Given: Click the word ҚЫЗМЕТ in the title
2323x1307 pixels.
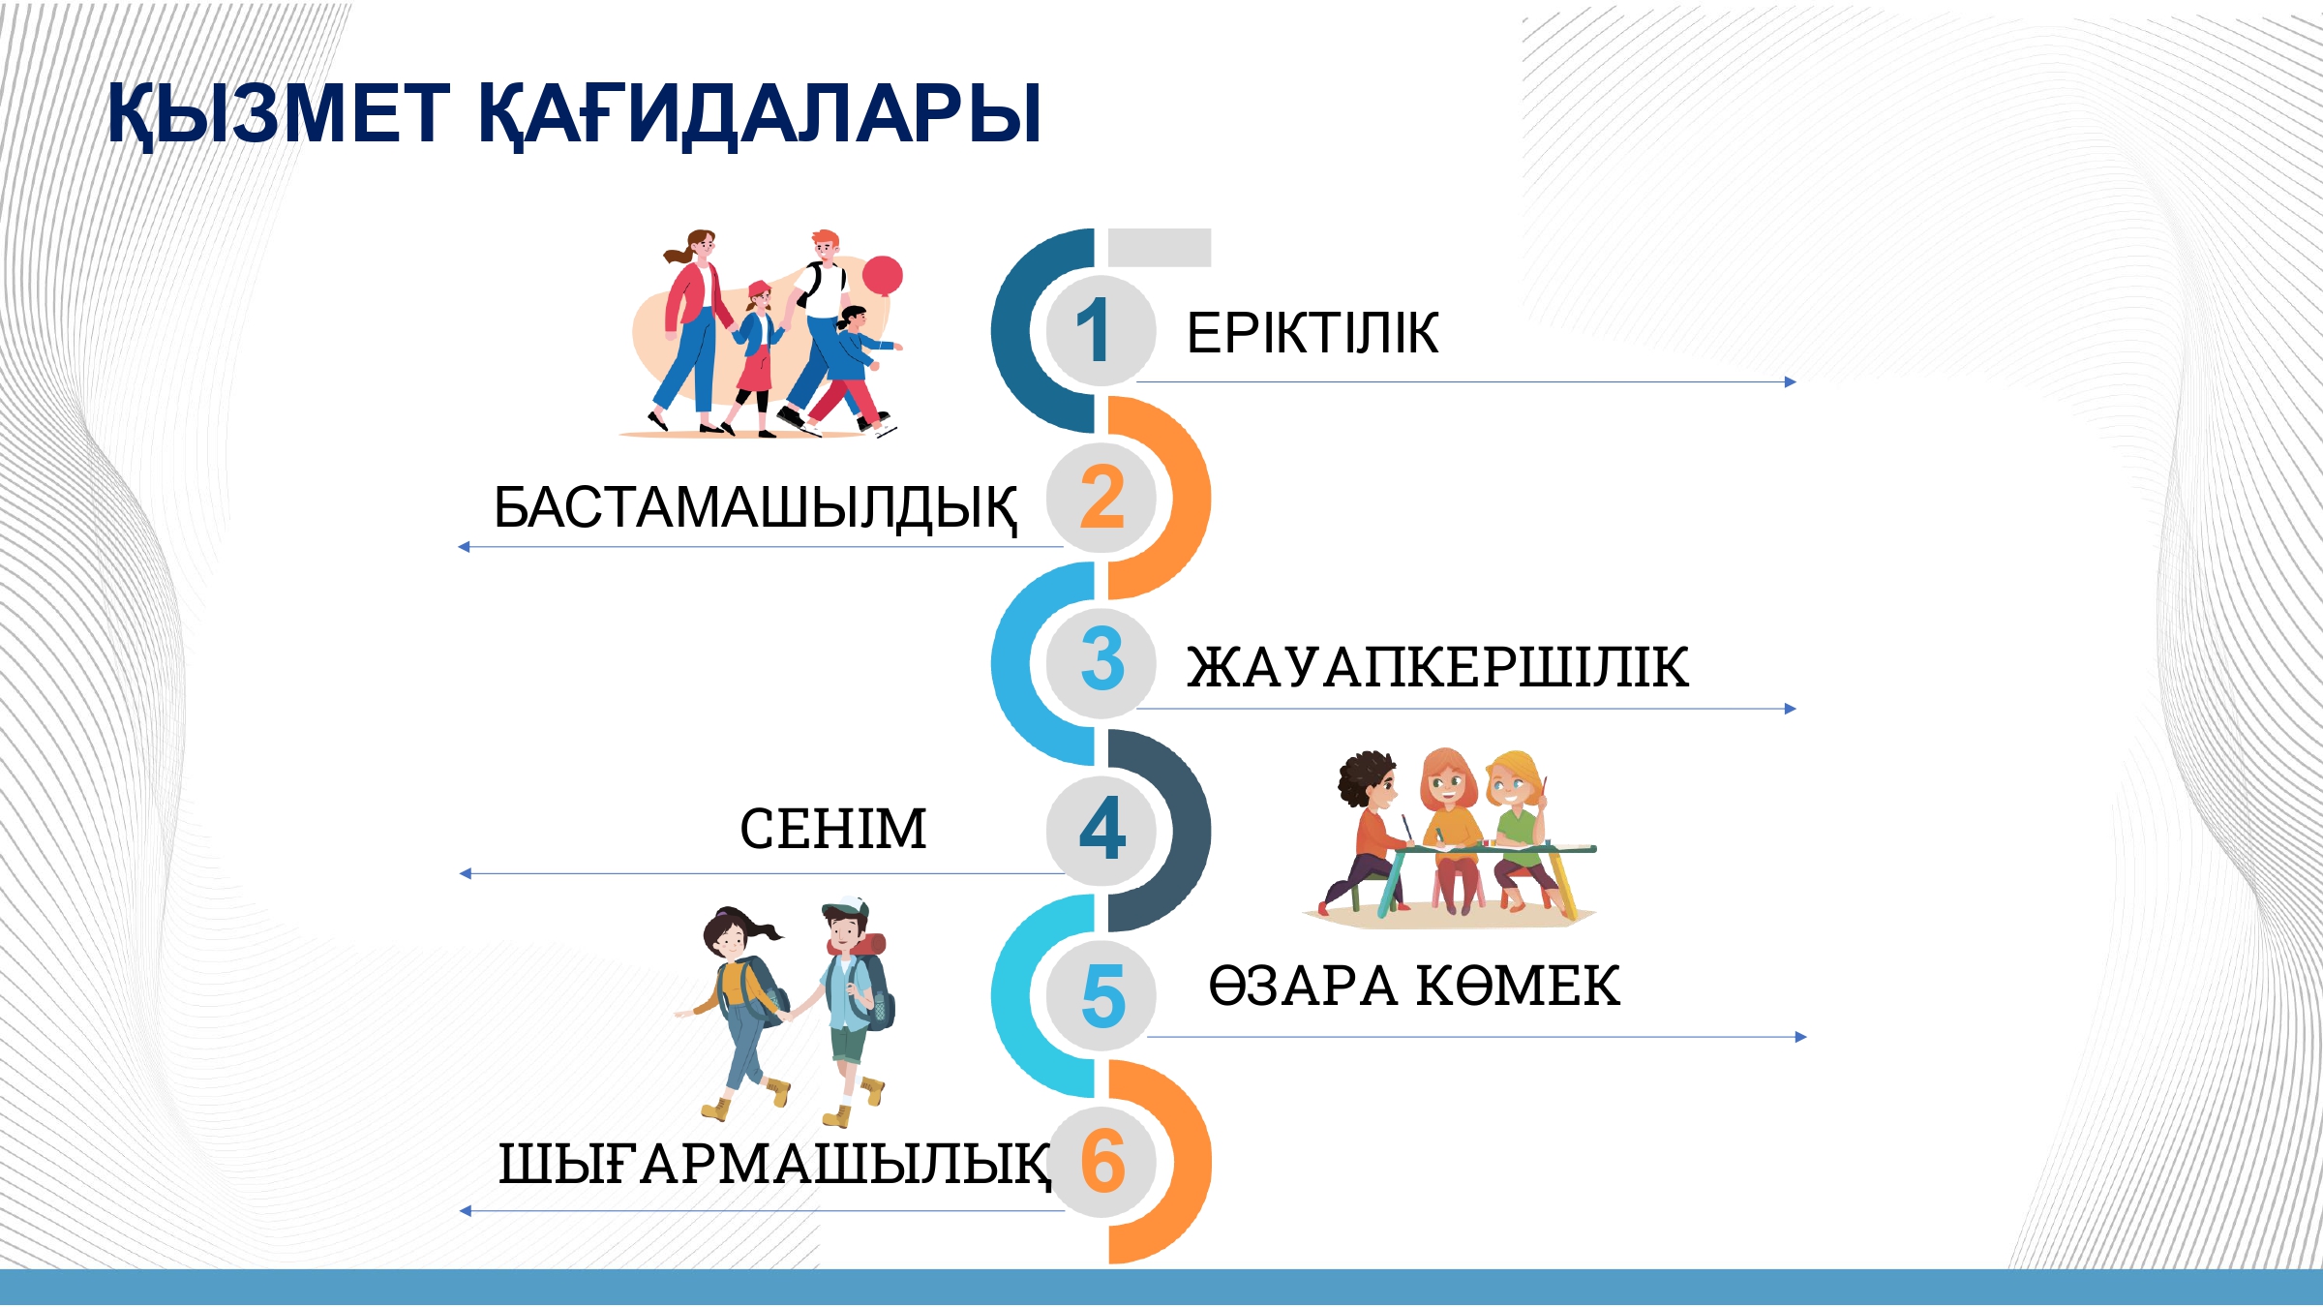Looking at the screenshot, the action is click(278, 114).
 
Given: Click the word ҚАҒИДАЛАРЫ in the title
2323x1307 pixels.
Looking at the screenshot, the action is click(760, 114).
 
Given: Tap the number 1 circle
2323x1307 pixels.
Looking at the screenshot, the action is click(1101, 330).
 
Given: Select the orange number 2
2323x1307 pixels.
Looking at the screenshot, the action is click(1101, 497).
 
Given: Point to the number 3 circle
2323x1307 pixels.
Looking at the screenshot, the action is click(1101, 663).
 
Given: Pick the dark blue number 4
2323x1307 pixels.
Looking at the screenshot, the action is click(1102, 829).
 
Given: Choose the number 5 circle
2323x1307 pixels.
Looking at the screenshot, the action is click(1101, 995).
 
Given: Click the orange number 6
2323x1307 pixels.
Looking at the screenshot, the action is click(1102, 1161).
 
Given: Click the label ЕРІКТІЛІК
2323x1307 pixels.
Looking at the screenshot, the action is click(1312, 333).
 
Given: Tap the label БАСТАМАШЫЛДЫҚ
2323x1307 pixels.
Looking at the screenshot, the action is click(756, 508).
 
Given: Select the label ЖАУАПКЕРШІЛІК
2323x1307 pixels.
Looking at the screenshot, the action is click(1438, 667).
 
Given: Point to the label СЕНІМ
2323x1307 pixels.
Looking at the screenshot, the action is click(833, 829).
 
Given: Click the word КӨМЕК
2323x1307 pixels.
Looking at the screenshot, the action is click(1518, 987).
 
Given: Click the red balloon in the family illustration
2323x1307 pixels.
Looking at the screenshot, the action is click(882, 276).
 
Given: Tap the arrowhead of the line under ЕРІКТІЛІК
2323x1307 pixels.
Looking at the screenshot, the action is click(1791, 382).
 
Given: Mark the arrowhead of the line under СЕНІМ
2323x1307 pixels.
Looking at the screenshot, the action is click(466, 874).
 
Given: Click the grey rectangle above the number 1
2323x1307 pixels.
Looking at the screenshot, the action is click(1160, 247).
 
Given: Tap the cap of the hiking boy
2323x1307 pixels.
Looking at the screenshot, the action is click(846, 908).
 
